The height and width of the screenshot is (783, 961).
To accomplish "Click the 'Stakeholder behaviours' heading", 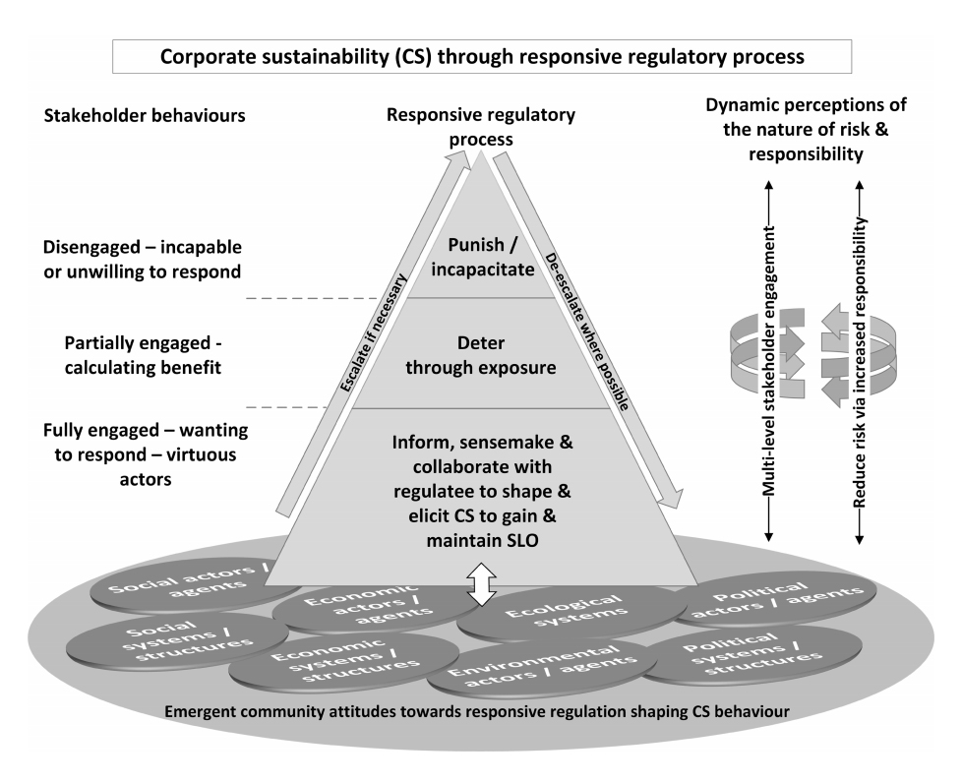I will point(145,116).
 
